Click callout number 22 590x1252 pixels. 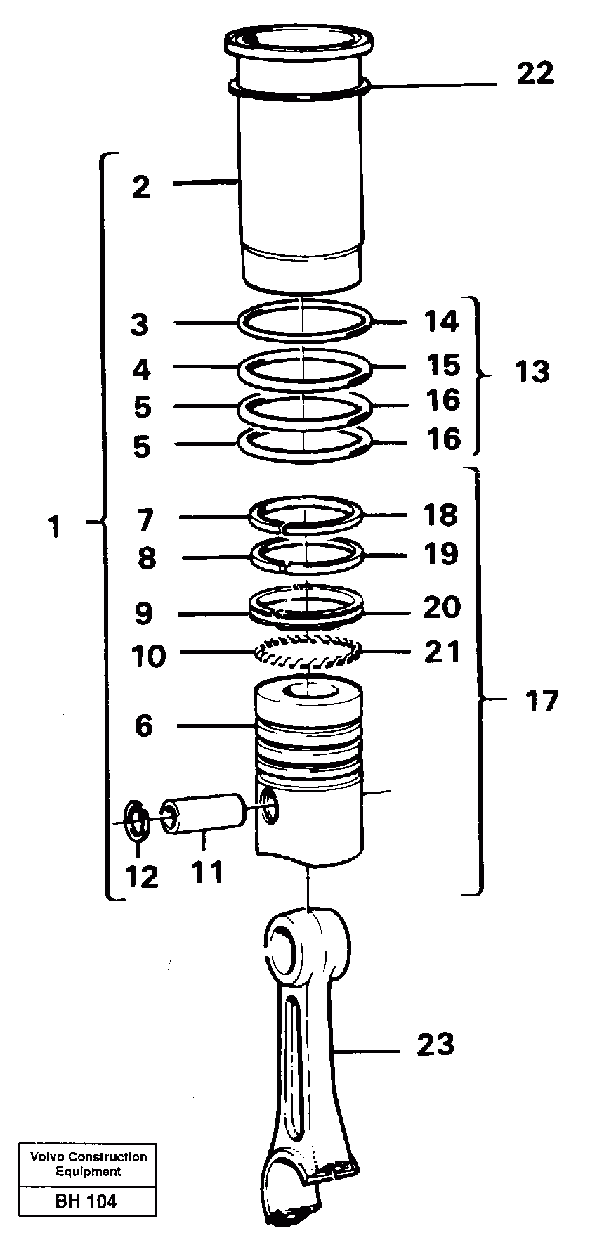tap(535, 74)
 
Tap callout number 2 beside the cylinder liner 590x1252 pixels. tap(141, 187)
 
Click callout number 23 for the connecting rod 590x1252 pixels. tap(435, 1045)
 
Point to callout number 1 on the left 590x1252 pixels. tap(55, 527)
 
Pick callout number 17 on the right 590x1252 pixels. tap(542, 701)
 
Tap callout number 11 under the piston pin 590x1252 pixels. tap(206, 872)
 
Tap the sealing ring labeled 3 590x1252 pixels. tap(304, 322)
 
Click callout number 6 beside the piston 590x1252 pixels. tap(143, 725)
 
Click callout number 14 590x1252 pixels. tap(440, 321)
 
